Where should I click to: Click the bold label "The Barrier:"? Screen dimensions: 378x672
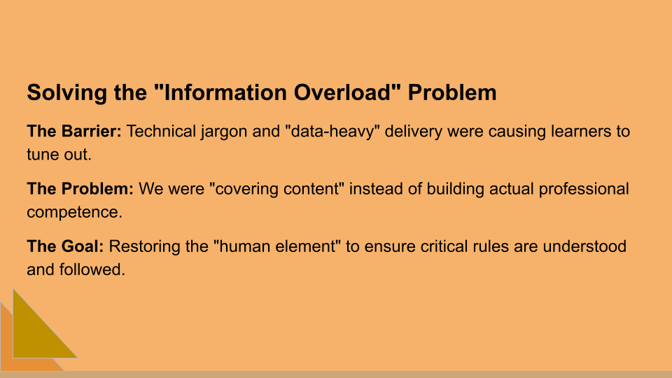point(74,132)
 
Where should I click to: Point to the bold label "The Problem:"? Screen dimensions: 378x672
point(80,189)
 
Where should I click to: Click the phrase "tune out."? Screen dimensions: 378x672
point(59,155)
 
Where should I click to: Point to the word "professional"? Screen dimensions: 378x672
point(583,189)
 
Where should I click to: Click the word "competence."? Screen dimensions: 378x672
point(74,212)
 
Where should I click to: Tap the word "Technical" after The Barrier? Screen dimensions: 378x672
point(159,132)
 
